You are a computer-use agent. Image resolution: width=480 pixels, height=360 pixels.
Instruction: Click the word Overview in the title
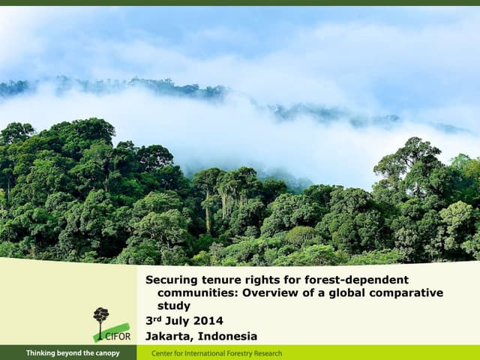269,292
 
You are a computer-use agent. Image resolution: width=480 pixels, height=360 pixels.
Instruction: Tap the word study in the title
173,306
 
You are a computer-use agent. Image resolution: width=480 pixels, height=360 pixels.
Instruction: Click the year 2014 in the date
209,321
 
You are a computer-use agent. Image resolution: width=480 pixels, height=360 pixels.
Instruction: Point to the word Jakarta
169,336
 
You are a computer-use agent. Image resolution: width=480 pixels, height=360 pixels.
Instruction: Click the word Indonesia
228,336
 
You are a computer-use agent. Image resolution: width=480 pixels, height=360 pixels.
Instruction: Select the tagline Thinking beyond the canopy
73,353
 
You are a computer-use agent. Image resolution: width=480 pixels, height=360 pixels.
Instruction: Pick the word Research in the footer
267,353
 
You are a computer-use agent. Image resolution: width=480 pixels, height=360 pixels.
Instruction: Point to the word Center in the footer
163,353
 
